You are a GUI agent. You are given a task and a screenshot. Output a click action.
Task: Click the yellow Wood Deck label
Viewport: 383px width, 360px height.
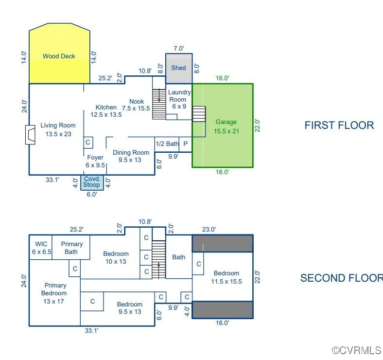pyautogui.click(x=59, y=56)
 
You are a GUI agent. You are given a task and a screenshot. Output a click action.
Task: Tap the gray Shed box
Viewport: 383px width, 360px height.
pyautogui.click(x=179, y=69)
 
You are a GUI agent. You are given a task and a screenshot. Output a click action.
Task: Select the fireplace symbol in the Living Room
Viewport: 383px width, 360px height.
pyautogui.click(x=30, y=135)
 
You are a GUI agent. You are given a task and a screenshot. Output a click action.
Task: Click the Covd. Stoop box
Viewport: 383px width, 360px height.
pyautogui.click(x=92, y=182)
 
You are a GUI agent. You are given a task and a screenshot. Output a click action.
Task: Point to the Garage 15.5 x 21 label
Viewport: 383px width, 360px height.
pyautogui.click(x=226, y=126)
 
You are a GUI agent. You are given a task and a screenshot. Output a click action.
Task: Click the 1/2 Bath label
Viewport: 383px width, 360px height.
pyautogui.click(x=167, y=144)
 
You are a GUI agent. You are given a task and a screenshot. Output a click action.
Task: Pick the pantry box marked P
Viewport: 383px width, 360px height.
pyautogui.click(x=186, y=144)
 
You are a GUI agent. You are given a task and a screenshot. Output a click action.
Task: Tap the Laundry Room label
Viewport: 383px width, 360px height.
pyautogui.click(x=179, y=99)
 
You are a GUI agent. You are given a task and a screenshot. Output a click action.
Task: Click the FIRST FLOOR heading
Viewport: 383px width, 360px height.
pyautogui.click(x=339, y=125)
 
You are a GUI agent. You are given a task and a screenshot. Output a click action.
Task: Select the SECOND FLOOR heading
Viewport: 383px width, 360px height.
pyautogui.click(x=342, y=278)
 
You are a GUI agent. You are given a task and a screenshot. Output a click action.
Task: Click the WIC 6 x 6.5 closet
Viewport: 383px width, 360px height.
pyautogui.click(x=41, y=247)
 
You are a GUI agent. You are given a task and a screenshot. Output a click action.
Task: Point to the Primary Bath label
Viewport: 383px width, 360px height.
pyautogui.click(x=71, y=248)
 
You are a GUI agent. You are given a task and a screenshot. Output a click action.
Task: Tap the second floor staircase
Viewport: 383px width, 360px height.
pyautogui.click(x=159, y=259)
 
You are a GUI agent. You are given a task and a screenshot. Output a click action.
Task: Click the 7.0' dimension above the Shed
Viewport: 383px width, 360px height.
pyautogui.click(x=178, y=49)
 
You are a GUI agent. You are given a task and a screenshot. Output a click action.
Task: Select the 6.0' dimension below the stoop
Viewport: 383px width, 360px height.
pyautogui.click(x=92, y=195)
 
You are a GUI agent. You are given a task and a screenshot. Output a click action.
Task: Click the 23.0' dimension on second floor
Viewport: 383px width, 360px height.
pyautogui.click(x=209, y=230)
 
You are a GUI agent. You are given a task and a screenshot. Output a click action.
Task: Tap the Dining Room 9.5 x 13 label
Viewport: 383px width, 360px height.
pyautogui.click(x=131, y=156)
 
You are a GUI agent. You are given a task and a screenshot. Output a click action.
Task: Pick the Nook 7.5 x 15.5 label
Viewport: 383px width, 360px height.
pyautogui.click(x=136, y=105)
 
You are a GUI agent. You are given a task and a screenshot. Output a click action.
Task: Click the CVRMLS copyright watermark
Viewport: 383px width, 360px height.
pyautogui.click(x=357, y=350)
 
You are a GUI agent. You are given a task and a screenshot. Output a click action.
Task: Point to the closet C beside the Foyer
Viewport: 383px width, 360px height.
pyautogui.click(x=88, y=143)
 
